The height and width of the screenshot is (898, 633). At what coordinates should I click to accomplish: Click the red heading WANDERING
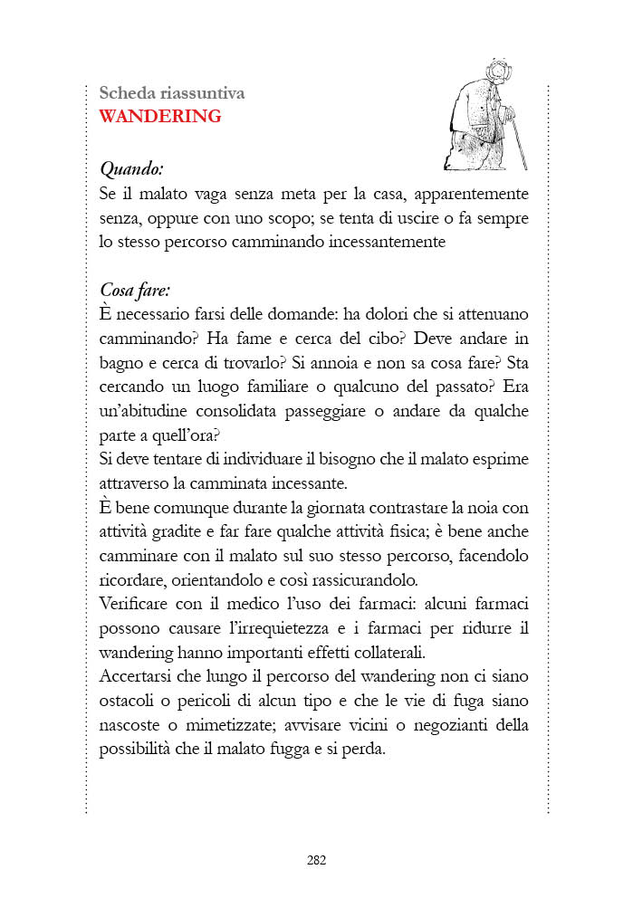click(160, 116)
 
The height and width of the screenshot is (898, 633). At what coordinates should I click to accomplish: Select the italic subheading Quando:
click(131, 168)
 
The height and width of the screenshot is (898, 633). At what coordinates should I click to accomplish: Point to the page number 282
click(316, 860)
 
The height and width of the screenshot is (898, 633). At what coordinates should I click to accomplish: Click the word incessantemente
click(383, 243)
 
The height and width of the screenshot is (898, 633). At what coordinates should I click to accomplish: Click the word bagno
click(122, 363)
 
